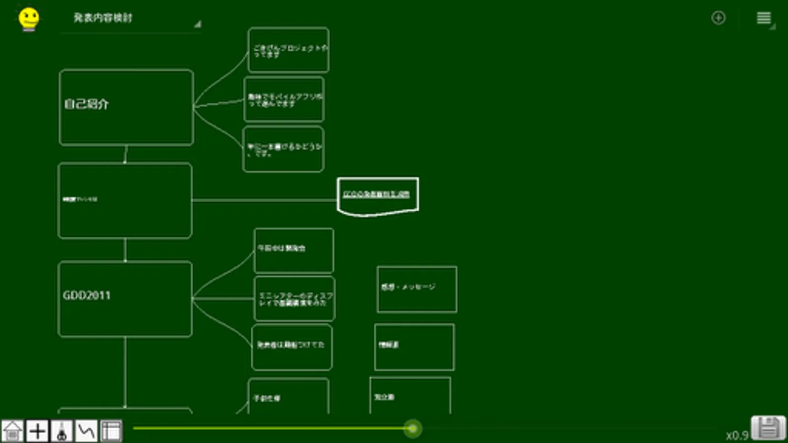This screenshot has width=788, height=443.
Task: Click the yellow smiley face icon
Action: click(29, 19)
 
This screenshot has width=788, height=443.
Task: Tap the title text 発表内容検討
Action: click(103, 18)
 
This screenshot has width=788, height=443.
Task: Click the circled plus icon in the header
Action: click(718, 18)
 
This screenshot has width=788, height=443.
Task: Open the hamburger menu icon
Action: click(764, 18)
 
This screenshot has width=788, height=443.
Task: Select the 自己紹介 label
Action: click(86, 104)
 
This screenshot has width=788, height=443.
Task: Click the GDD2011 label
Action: click(87, 295)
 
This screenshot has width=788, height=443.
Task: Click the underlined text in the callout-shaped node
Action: click(376, 194)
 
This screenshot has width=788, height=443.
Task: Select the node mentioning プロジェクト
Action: click(289, 50)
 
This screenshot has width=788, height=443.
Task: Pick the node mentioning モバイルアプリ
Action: click(284, 100)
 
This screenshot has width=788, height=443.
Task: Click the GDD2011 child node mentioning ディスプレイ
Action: click(295, 299)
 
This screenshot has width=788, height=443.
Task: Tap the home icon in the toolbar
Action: click(13, 431)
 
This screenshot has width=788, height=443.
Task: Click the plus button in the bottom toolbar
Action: click(37, 431)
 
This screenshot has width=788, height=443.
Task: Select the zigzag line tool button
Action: click(87, 431)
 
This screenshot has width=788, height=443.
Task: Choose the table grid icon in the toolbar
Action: click(111, 431)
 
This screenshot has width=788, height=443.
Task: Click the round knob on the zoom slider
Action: click(413, 429)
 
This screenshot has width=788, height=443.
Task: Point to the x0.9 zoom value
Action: click(737, 436)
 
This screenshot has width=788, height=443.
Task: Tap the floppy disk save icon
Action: click(768, 428)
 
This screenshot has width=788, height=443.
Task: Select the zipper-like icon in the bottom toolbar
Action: click(62, 431)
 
